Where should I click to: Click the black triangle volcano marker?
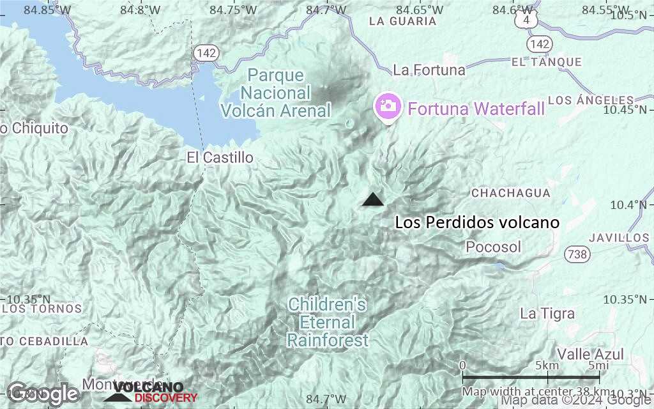372,199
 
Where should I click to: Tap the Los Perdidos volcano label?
477,223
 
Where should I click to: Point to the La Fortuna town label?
429,70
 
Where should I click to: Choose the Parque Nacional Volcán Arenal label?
276,93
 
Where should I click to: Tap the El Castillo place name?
220,157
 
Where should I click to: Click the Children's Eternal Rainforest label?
328,322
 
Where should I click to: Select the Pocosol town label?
493,247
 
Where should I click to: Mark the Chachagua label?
510,193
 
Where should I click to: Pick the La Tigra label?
547,314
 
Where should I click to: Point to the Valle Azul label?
581,354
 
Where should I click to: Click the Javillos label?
619,238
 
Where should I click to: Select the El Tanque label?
547,62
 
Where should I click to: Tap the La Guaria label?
403,21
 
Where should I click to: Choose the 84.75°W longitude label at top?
236,10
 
